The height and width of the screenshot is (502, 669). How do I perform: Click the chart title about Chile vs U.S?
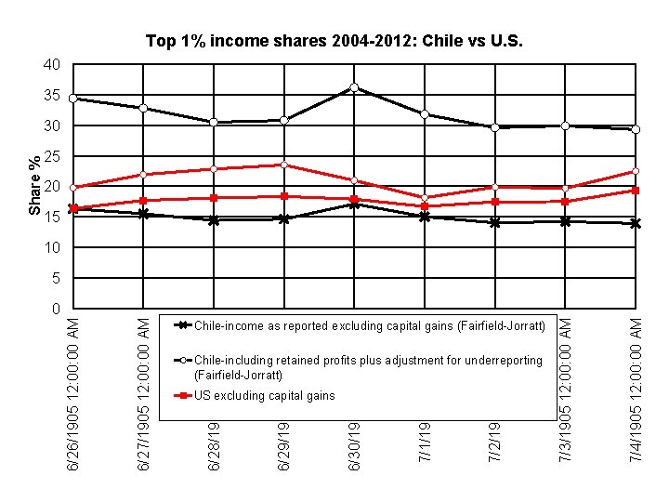click(334, 42)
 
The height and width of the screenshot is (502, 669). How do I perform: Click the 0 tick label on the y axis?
click(55, 309)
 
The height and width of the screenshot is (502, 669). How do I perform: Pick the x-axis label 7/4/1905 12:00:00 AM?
click(636, 391)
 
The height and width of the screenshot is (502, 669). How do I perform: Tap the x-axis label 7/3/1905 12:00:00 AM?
click(566, 391)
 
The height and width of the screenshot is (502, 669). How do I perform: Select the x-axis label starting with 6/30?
click(355, 445)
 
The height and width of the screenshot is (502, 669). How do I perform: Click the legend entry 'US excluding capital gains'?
click(264, 396)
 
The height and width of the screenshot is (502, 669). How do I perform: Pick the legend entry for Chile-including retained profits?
click(368, 367)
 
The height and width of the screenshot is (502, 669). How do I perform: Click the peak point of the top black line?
click(354, 87)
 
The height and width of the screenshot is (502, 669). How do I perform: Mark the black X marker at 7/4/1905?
click(636, 223)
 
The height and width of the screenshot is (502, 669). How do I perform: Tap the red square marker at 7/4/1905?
click(636, 191)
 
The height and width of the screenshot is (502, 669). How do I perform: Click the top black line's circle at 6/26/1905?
click(73, 98)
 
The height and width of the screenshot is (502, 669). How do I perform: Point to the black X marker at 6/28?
click(214, 220)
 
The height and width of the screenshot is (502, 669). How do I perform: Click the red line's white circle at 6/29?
click(284, 165)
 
